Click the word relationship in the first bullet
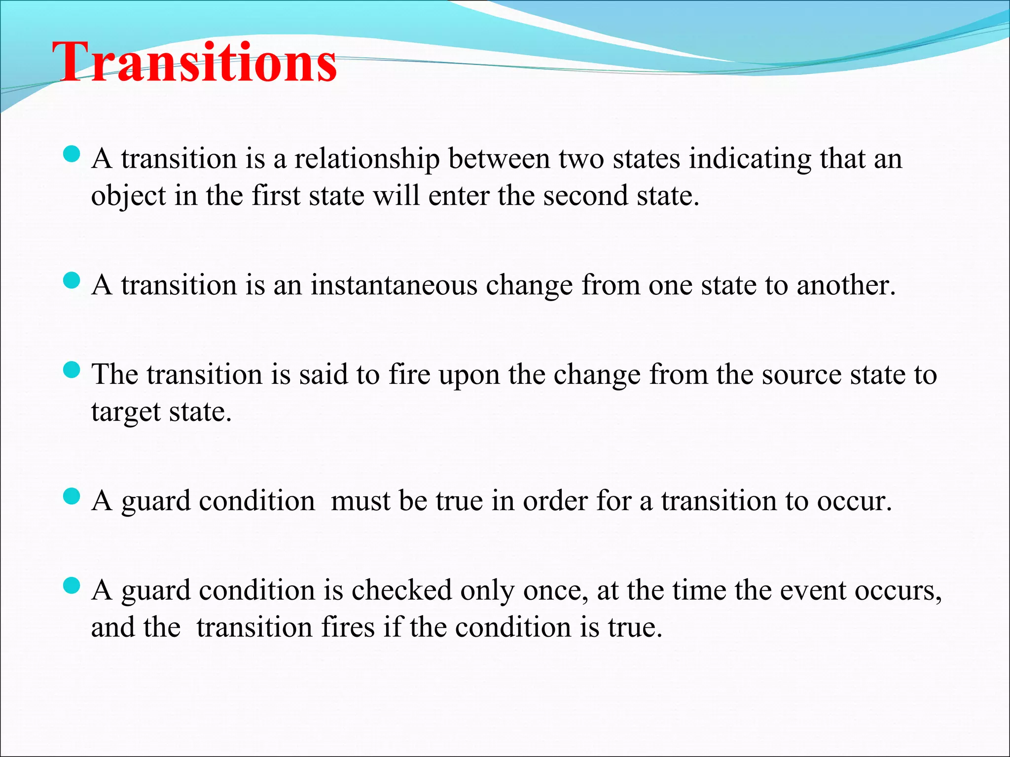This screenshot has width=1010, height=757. (x=367, y=159)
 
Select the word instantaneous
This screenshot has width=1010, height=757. (x=394, y=285)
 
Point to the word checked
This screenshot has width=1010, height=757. (x=401, y=590)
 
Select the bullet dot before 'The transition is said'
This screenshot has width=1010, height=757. (x=72, y=370)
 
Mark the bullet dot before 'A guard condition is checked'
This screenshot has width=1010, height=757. (x=72, y=585)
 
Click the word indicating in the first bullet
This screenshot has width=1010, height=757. (x=750, y=159)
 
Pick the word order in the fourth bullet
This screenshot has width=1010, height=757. (x=555, y=501)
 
